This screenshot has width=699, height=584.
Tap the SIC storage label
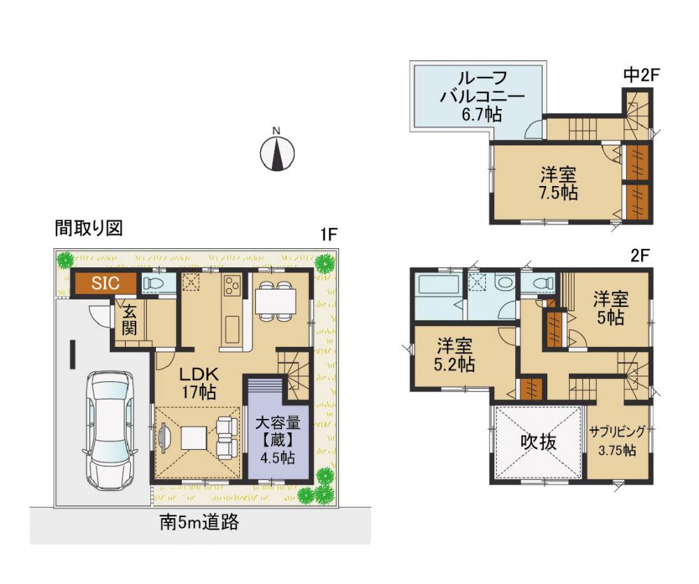106,283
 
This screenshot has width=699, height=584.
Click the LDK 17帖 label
199,383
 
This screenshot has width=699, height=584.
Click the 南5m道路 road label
199,522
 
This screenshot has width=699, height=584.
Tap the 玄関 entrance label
129,320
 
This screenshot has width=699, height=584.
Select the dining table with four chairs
275,301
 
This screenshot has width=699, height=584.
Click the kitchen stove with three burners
232,285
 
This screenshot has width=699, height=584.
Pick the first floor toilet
152,283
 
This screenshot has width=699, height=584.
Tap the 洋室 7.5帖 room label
558,183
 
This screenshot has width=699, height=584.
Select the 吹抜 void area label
538,442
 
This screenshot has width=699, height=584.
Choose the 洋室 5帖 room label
610,308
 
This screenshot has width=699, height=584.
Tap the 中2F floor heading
641,75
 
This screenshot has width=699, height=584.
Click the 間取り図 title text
89,228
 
